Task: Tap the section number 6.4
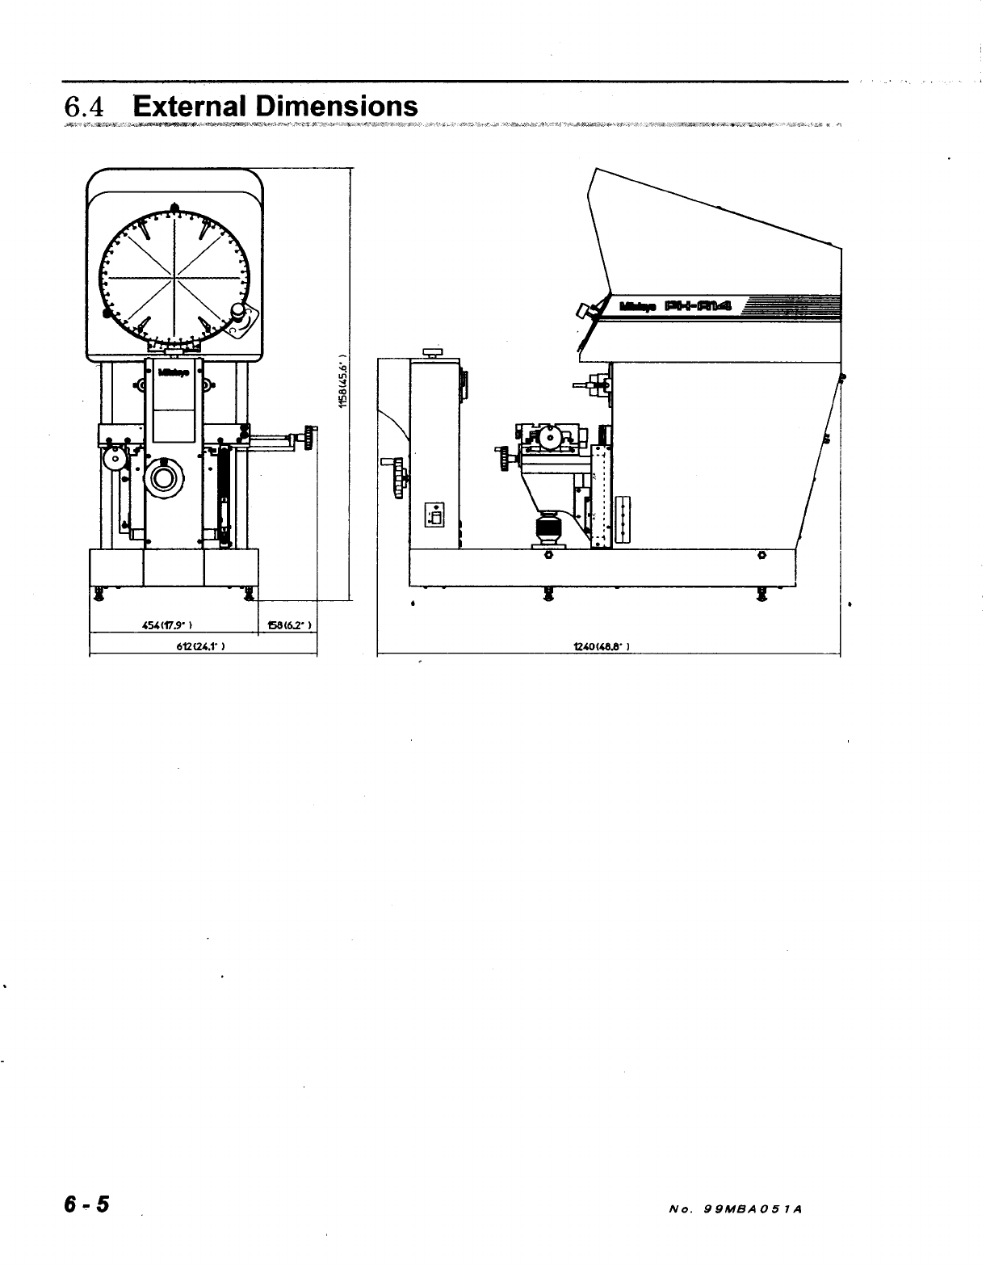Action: coord(86,107)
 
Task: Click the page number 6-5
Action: coord(88,1204)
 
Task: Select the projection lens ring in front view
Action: coord(166,477)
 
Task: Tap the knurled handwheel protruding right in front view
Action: coord(309,437)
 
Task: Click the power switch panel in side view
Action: coord(434,514)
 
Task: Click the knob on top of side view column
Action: coord(433,352)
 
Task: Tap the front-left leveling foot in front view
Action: coord(99,595)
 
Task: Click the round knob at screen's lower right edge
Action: coord(238,311)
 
